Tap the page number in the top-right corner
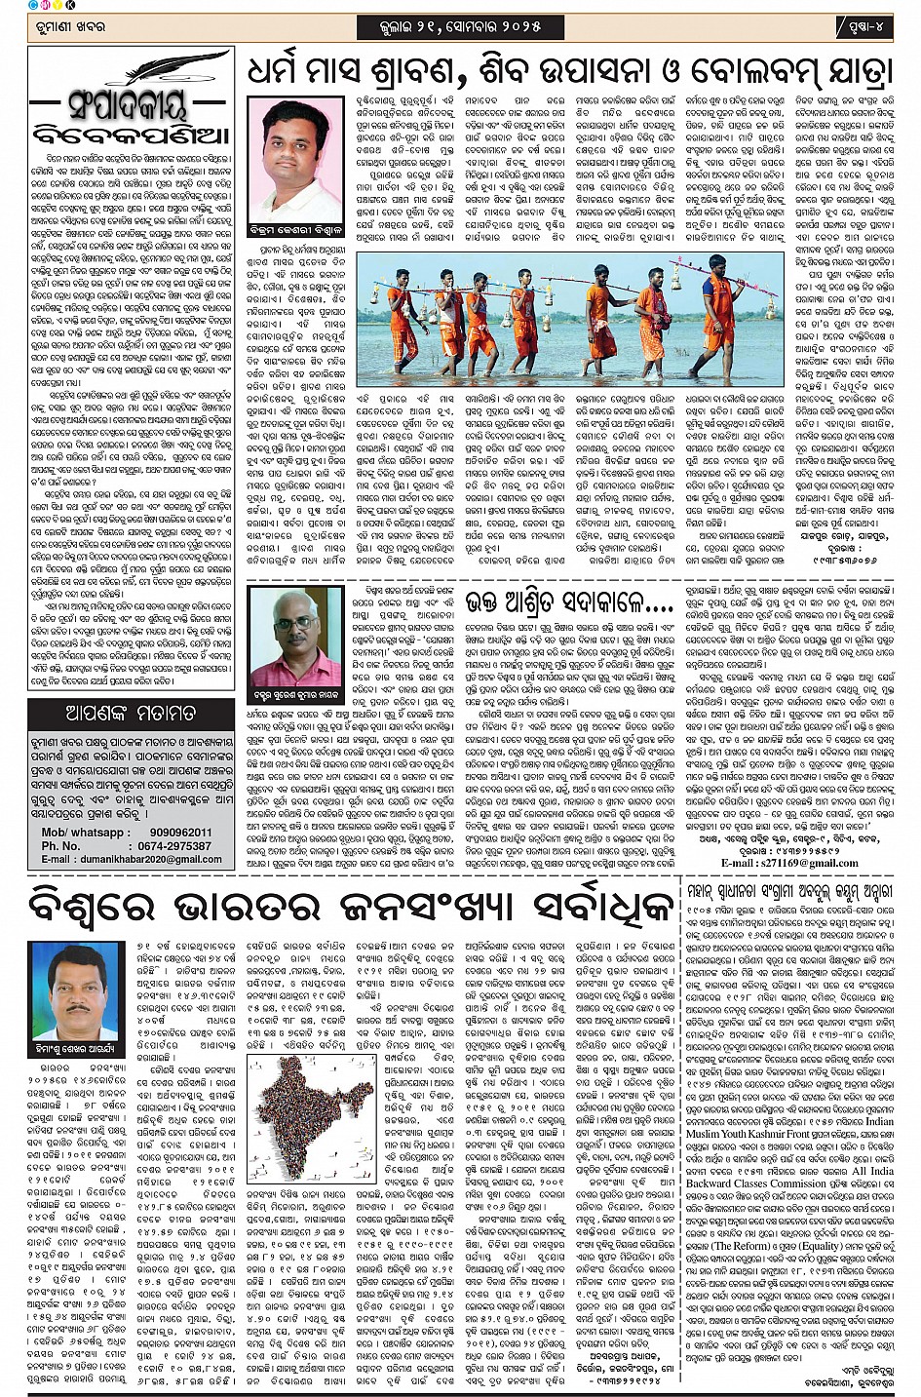(866, 24)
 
